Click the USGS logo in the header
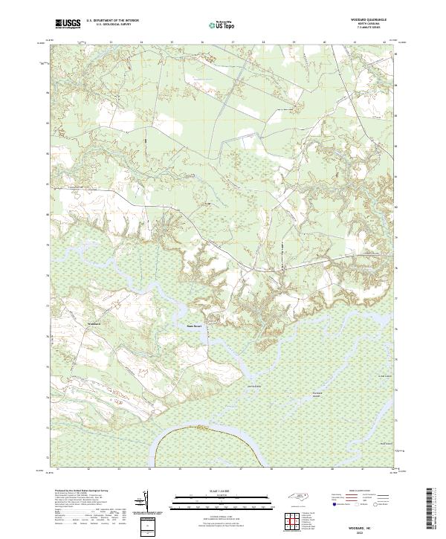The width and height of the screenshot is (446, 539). (x=68, y=24)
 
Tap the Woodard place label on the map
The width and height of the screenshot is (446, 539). (x=94, y=324)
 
